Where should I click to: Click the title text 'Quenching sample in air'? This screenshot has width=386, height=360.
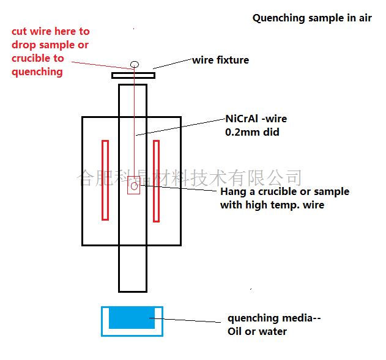[312, 18]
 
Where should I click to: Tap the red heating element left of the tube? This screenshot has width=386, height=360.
[105, 180]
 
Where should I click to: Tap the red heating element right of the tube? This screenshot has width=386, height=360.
[156, 180]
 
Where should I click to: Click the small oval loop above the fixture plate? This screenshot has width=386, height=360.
[135, 64]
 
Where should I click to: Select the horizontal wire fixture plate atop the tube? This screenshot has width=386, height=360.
[133, 76]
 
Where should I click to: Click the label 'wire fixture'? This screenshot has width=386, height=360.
[220, 60]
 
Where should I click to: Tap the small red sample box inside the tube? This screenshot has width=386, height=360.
[134, 185]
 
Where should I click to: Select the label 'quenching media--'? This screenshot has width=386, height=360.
[273, 318]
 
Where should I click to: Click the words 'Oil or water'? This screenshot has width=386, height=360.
[257, 331]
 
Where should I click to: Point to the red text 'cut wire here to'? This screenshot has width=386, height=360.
[50, 31]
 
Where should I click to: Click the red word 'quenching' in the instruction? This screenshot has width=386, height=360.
[37, 72]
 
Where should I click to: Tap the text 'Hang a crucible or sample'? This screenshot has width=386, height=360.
[284, 191]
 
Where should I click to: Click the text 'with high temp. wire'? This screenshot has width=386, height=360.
[272, 205]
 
